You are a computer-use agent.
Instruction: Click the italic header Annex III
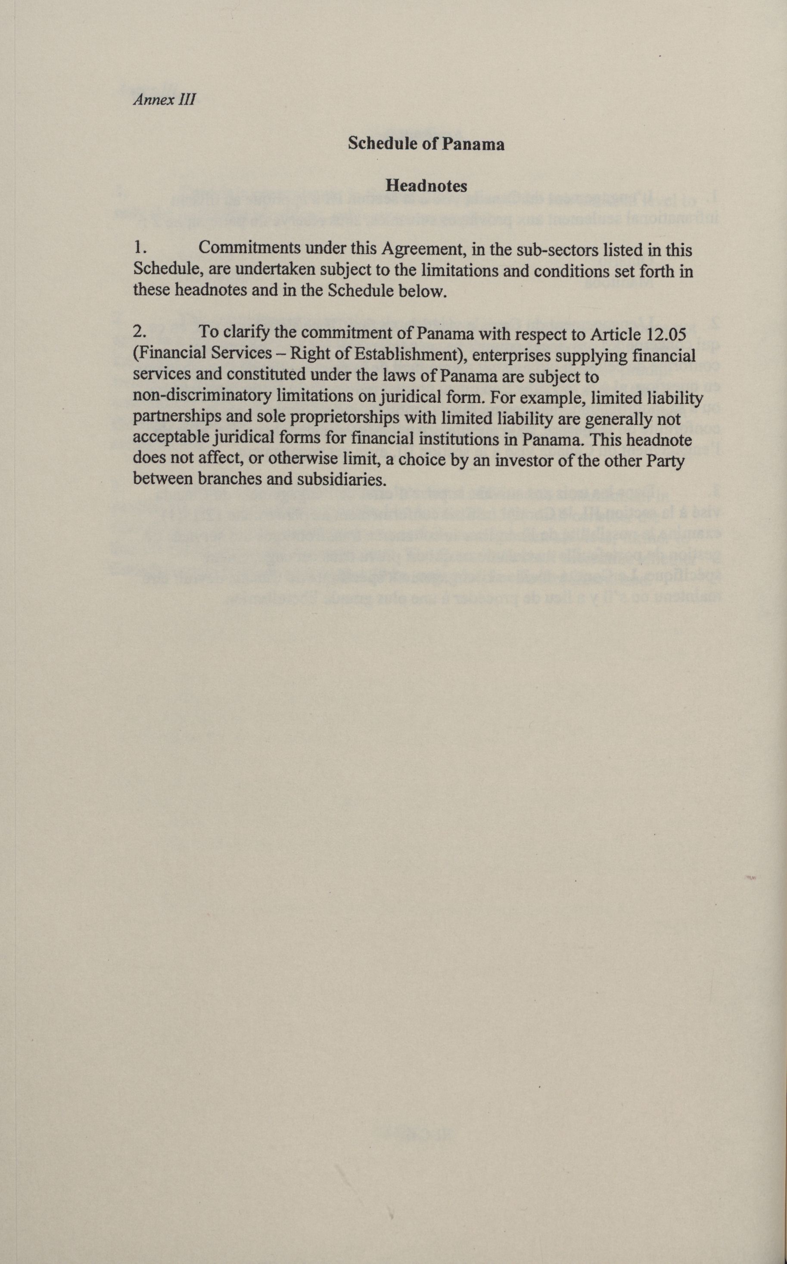pos(165,100)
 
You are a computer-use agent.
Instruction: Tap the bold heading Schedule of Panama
pos(426,144)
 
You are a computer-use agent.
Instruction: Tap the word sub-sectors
pos(557,250)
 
